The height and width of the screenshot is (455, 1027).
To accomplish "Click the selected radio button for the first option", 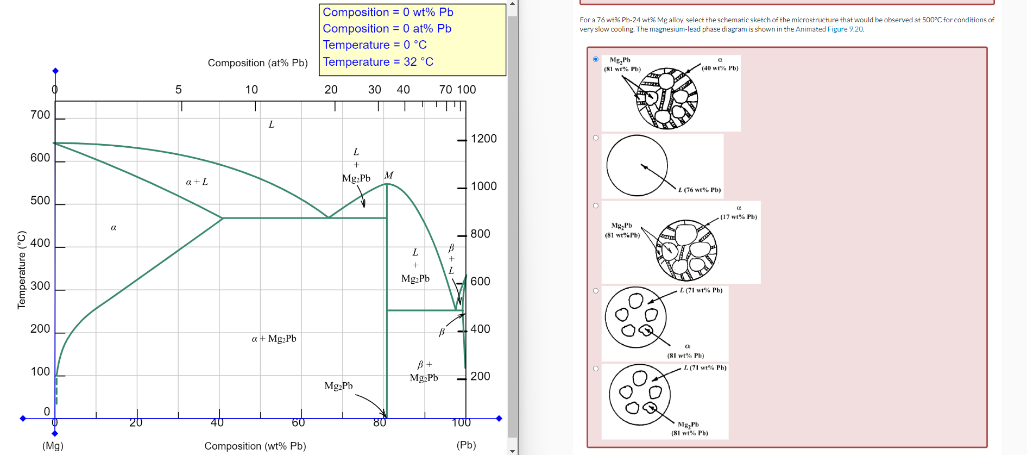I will pos(596,59).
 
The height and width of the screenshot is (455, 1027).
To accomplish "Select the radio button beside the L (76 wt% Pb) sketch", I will pos(596,138).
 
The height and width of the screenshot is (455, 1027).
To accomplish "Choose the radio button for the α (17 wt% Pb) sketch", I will pos(596,205).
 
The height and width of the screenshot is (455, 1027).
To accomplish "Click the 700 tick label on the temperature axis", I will pos(40,115).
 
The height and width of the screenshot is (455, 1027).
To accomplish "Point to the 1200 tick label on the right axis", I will pos(483,139).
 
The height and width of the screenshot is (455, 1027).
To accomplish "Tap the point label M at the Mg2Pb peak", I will pos(389,175).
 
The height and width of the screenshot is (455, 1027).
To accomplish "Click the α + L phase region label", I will pos(197,182).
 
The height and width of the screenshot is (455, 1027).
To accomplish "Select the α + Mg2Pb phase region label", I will pos(274,339).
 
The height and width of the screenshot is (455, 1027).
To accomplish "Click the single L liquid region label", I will pos(272,124).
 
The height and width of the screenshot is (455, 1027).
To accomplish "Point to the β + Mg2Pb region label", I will pos(424,371).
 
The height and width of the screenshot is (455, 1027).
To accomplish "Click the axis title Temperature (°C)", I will pos(22,270).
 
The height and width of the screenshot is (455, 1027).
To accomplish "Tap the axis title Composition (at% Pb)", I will pos(257,63).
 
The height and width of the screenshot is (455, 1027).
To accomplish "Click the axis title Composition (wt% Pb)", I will pos(255,446).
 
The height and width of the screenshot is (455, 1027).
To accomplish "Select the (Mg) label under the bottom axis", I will pos(53,446).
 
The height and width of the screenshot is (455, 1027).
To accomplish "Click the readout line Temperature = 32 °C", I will pos(378,62).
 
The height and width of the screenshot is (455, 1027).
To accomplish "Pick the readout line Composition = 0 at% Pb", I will pos(387,29).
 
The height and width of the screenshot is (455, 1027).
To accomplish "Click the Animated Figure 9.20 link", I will pos(829,29).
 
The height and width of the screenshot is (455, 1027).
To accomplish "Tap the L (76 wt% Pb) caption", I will pos(700,190).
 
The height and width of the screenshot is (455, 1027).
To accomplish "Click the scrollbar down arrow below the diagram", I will pos(512,451).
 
